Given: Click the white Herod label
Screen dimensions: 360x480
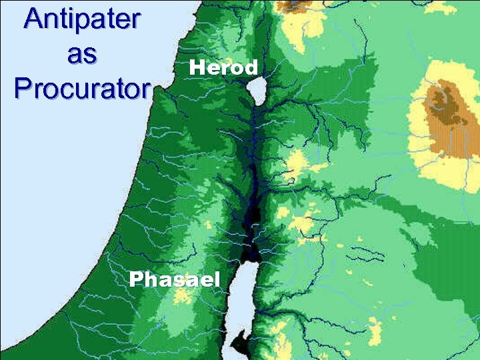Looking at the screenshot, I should [x=223, y=67].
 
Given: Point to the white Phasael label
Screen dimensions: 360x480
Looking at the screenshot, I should [x=175, y=279].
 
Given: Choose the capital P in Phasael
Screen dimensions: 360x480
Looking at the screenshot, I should [x=136, y=279].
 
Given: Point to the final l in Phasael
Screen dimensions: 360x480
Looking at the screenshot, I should [x=217, y=279].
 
